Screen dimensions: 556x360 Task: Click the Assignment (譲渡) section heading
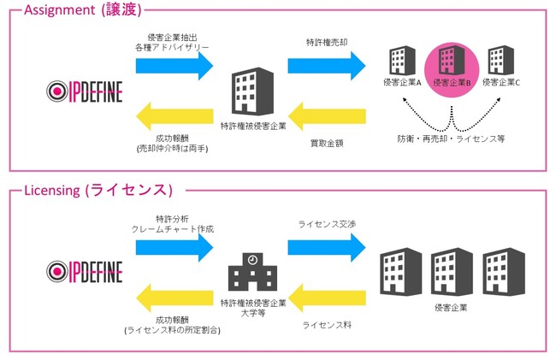click(x=83, y=9)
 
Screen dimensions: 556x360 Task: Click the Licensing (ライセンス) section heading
click(x=98, y=191)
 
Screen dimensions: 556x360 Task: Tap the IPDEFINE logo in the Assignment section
click(x=85, y=91)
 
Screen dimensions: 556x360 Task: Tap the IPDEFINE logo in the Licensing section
click(x=85, y=272)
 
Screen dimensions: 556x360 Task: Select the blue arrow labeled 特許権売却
click(x=327, y=66)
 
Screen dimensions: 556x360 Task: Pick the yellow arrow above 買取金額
click(x=327, y=116)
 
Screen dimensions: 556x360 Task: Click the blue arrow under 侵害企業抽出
click(x=174, y=66)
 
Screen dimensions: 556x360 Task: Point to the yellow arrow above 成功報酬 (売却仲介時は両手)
click(x=174, y=116)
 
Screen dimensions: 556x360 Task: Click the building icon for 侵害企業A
click(x=402, y=61)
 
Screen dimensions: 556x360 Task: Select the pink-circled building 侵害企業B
click(x=452, y=68)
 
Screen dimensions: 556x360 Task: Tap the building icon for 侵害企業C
click(x=500, y=60)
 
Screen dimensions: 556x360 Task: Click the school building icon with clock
click(x=252, y=272)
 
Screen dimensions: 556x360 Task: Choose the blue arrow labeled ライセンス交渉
click(x=327, y=247)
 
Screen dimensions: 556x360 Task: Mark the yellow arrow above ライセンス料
click(x=327, y=298)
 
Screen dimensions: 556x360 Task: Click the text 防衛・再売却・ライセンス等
click(x=451, y=139)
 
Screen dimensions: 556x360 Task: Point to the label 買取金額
click(x=327, y=143)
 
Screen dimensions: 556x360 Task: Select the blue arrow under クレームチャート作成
click(x=174, y=247)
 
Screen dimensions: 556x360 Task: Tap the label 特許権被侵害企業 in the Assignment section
click(x=253, y=126)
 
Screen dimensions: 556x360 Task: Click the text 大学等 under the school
click(x=253, y=313)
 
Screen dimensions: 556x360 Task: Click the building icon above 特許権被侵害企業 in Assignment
click(x=252, y=91)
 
